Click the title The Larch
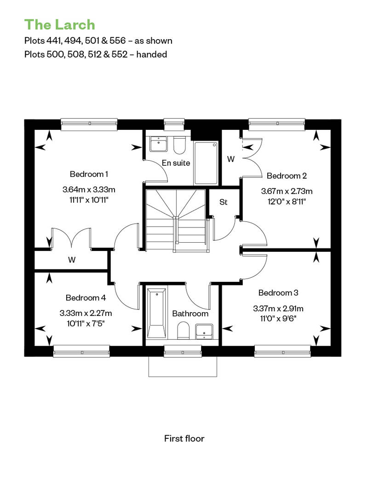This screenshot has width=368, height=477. point(59,25)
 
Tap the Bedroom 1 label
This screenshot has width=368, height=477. point(89,174)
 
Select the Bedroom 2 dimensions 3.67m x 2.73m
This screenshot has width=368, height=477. point(287,191)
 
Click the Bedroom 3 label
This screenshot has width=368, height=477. point(278,293)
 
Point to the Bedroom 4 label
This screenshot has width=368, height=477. point(86,297)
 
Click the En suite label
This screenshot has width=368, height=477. point(176,163)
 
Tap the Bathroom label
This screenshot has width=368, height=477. point(190,314)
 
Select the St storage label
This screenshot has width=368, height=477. point(224,202)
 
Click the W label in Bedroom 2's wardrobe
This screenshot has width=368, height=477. point(231,159)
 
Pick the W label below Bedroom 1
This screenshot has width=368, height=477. point(72,260)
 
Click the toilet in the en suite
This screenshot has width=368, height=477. point(179,145)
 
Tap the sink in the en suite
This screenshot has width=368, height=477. point(158,144)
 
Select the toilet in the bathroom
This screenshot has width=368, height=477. point(183,331)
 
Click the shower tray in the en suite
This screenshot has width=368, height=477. point(206,163)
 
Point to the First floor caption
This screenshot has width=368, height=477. point(184,438)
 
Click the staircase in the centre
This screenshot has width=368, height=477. point(177,220)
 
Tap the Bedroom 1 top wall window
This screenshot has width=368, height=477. point(89,123)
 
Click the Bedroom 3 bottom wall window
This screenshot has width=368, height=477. point(282,352)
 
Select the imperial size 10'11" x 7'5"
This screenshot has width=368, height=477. point(86,323)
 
